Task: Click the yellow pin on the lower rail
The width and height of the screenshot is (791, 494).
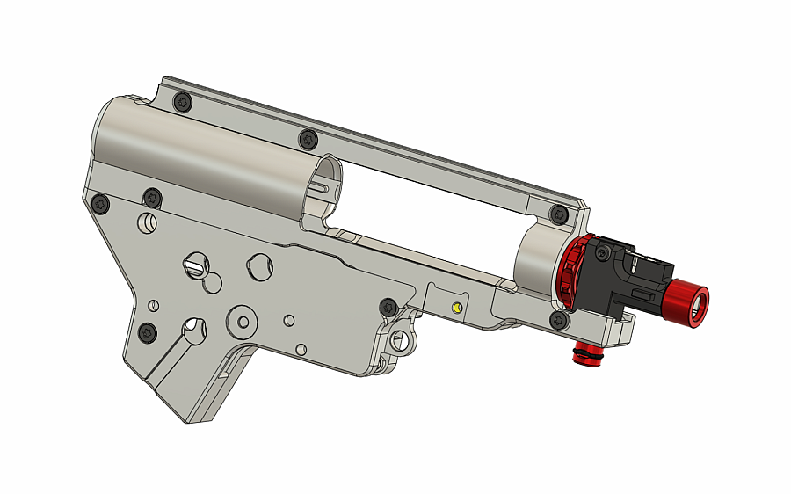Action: tap(457, 307)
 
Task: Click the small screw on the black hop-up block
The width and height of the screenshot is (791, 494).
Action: tap(601, 254)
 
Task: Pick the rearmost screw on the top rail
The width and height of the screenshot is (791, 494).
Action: tap(182, 101)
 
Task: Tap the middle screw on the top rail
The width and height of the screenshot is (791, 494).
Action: tap(308, 139)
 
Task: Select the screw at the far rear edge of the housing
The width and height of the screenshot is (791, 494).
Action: tap(100, 204)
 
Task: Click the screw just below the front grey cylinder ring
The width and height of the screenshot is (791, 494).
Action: tap(557, 319)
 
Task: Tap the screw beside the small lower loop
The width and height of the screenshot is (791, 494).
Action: tap(388, 308)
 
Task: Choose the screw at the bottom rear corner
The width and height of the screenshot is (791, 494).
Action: tap(147, 333)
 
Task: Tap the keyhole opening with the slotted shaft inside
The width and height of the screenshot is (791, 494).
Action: tap(195, 263)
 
